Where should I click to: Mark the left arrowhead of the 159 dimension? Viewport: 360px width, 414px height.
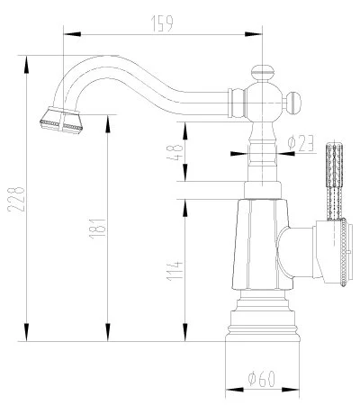67,33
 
